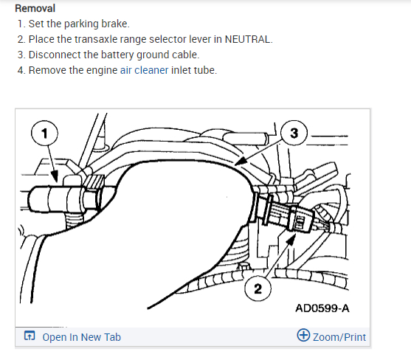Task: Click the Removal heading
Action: pyautogui.click(x=35, y=8)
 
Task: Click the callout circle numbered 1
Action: pyautogui.click(x=44, y=133)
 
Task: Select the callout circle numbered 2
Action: pyautogui.click(x=258, y=288)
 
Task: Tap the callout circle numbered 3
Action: pyautogui.click(x=294, y=133)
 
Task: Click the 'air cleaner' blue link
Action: pyautogui.click(x=144, y=70)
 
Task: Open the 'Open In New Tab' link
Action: pyautogui.click(x=81, y=337)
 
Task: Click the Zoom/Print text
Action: pyautogui.click(x=339, y=337)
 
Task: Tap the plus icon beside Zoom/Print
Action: pyautogui.click(x=303, y=335)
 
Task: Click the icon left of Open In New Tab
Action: pyautogui.click(x=30, y=336)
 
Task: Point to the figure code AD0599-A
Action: pyautogui.click(x=322, y=308)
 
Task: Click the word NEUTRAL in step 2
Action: pyautogui.click(x=247, y=39)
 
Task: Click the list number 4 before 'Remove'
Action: pyautogui.click(x=21, y=70)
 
